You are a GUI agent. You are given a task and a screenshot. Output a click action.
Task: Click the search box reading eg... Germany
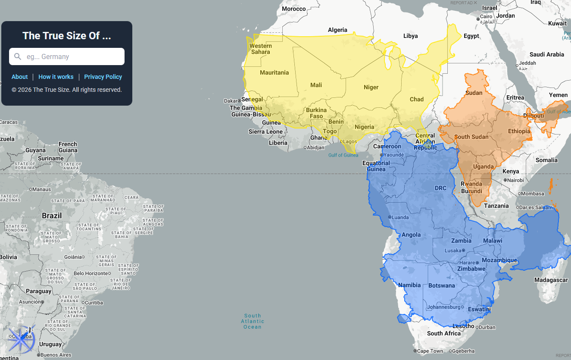click(x=67, y=56)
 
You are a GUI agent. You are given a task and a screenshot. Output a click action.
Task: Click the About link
click(x=19, y=77)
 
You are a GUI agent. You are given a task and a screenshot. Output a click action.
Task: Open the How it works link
click(x=56, y=77)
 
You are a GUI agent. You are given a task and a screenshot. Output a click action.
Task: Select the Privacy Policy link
click(x=103, y=77)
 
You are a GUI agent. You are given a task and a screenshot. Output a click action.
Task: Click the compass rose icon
click(x=20, y=339)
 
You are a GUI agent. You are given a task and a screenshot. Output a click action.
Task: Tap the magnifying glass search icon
click(x=18, y=56)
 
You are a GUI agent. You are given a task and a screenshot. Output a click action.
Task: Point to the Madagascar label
click(x=551, y=280)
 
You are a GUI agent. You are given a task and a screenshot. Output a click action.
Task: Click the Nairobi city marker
click(x=505, y=180)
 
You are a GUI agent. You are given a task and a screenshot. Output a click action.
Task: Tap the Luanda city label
click(x=400, y=217)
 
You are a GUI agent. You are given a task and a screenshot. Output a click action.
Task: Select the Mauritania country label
click(x=274, y=72)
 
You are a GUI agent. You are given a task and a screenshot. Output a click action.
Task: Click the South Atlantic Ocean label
click(x=253, y=321)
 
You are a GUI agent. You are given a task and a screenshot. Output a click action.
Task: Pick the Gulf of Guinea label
click(x=343, y=155)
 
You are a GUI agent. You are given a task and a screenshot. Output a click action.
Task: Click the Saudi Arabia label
click(x=546, y=54)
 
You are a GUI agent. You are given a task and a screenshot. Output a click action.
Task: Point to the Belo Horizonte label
click(x=91, y=273)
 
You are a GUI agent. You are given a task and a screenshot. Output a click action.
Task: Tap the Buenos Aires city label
click(x=56, y=355)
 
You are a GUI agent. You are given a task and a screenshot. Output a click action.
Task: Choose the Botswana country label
click(x=441, y=285)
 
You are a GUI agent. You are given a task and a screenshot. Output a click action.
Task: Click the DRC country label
click(x=440, y=188)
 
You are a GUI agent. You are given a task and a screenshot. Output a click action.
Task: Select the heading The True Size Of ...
click(x=66, y=36)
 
